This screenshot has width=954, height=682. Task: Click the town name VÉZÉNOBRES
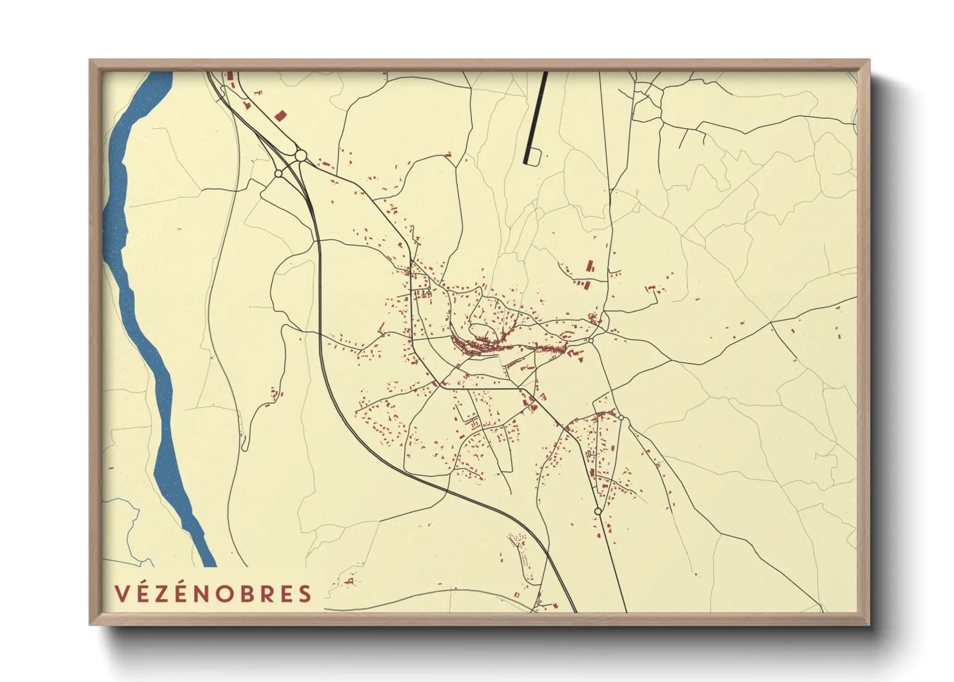213,594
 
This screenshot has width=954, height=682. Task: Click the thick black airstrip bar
536,116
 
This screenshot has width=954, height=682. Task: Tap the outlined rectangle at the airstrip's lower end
534,155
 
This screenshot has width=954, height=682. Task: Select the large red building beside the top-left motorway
280,116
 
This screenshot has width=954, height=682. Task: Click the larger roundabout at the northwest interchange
300,155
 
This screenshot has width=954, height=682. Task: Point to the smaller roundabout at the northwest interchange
278,173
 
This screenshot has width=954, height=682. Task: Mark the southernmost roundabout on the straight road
598,511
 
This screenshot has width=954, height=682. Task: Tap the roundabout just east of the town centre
590,340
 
